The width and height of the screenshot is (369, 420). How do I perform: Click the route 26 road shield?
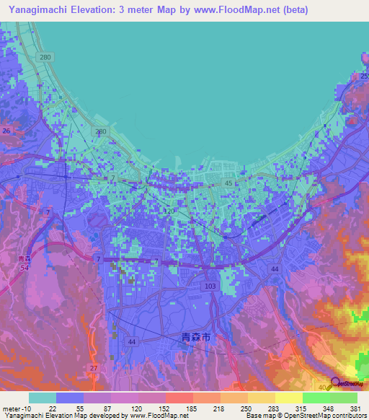tap(6, 131)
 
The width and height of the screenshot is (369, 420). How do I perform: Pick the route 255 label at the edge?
tap(365, 76)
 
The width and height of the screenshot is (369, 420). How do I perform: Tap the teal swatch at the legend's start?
tap(42, 398)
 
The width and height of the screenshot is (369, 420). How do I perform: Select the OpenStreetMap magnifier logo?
tap(336, 383)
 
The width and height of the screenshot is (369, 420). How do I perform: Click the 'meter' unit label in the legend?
tap(12, 408)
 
